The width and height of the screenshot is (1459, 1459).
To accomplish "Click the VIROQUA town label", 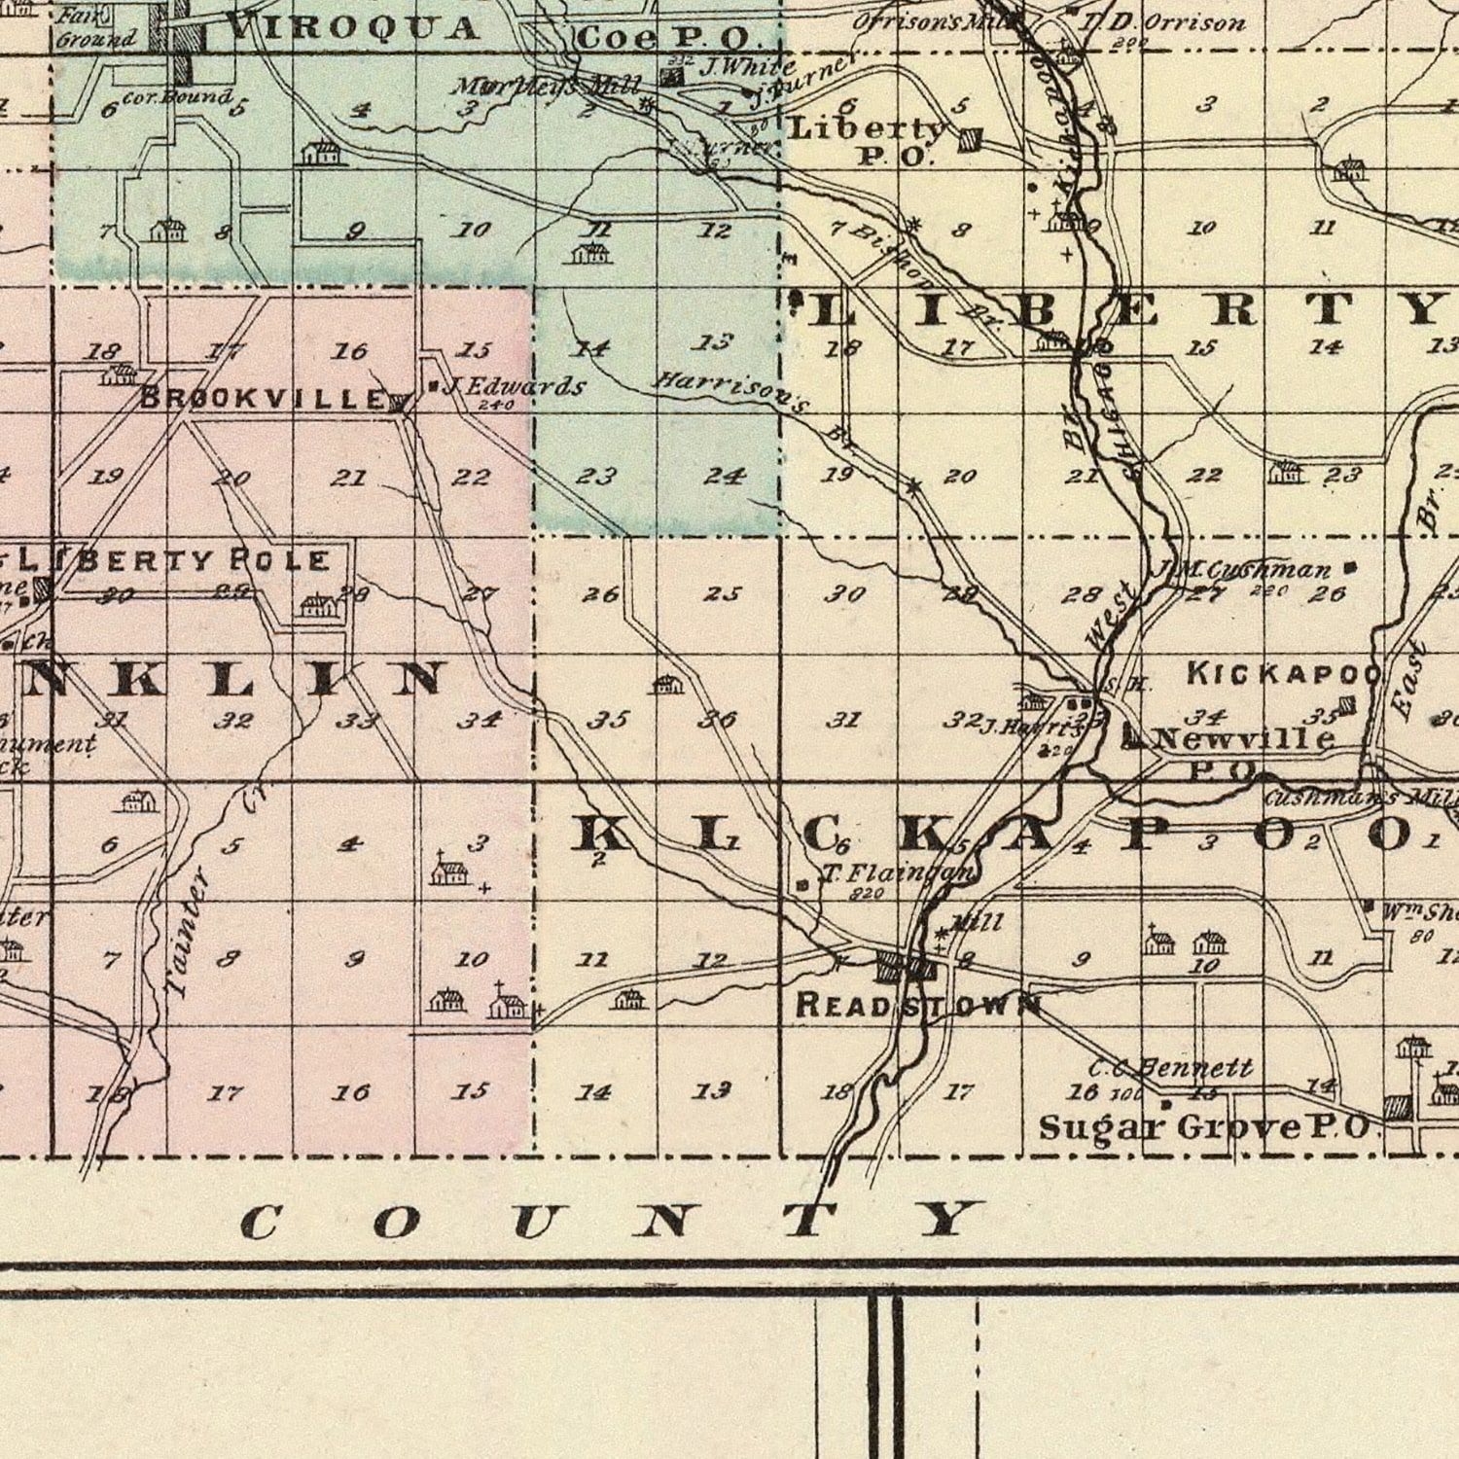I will click(354, 27).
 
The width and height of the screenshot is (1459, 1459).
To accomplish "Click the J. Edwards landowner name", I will click(516, 387).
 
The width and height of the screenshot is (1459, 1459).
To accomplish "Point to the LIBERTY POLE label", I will click(175, 561).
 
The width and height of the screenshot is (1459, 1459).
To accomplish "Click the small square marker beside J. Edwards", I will click(433, 386).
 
